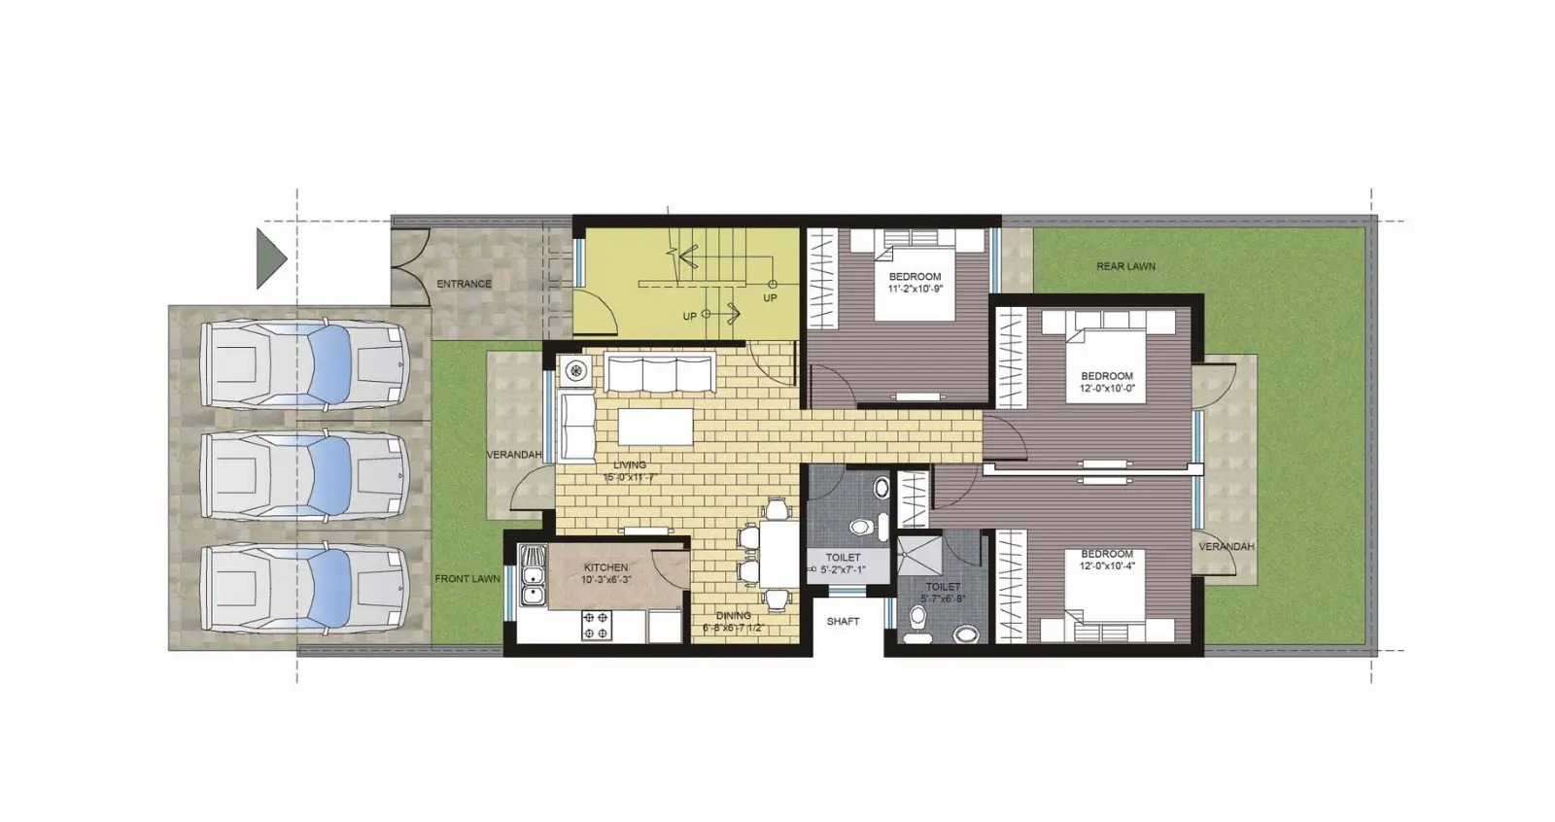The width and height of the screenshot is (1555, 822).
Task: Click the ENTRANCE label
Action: pos(464,284)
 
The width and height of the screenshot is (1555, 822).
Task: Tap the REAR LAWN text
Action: pos(1125,266)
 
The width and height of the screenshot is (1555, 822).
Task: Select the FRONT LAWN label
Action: pos(466,579)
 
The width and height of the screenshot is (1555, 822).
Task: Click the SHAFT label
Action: pos(843,621)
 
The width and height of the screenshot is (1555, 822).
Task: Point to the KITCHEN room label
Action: pos(605,567)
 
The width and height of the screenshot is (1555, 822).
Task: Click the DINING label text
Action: pos(733,615)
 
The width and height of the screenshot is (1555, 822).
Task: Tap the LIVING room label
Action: pos(630,465)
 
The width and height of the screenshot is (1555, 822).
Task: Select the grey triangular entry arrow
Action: pos(269,257)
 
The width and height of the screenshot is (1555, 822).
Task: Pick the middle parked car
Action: pos(303,475)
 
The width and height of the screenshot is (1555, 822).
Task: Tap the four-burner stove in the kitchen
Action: pos(596,625)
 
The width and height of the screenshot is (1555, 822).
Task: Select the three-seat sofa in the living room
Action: pos(659,374)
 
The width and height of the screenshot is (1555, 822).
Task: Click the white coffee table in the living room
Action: pos(655,427)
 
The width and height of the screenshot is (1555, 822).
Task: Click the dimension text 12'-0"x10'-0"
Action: pos(1107,389)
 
